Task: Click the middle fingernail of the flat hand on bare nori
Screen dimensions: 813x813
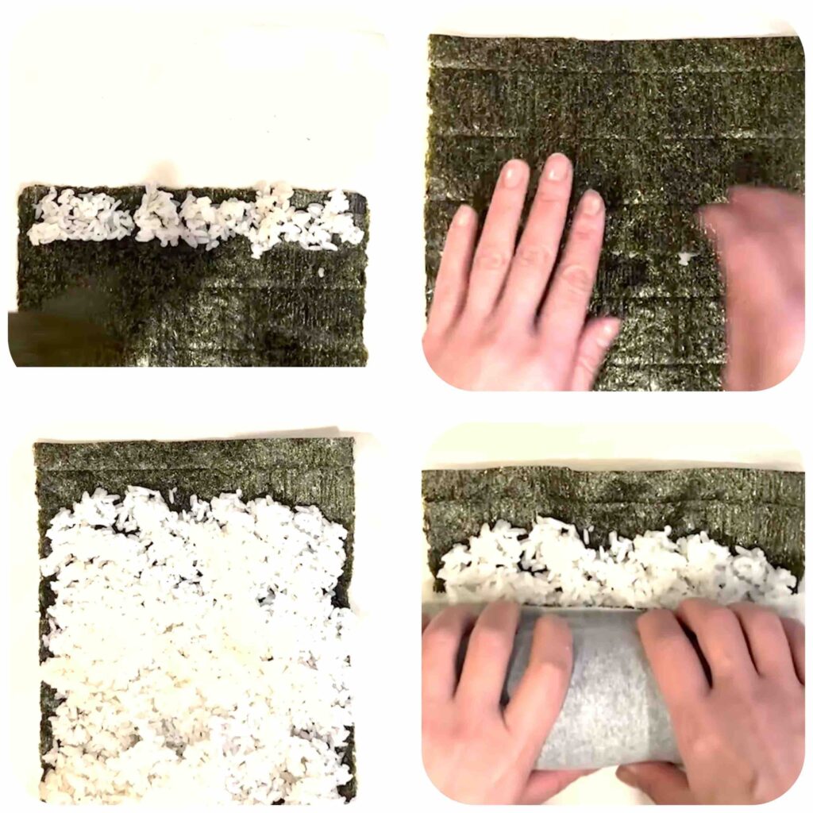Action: (558, 168)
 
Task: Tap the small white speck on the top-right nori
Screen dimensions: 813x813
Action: (684, 258)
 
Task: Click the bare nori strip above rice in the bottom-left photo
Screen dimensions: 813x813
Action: (195, 464)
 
